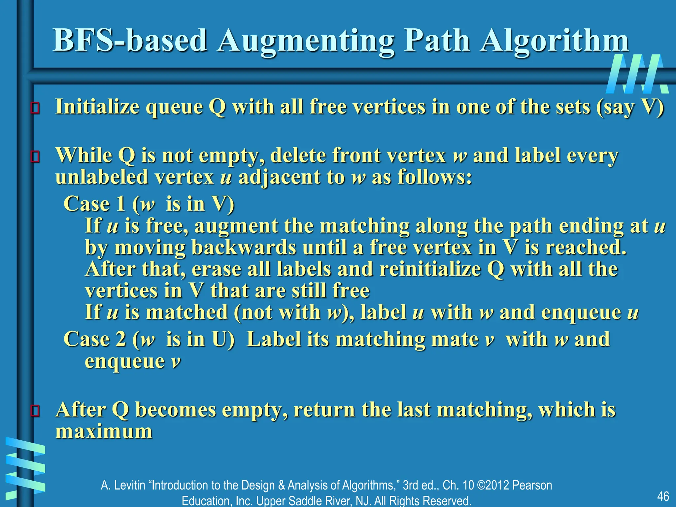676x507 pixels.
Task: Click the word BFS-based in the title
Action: pyautogui.click(x=130, y=41)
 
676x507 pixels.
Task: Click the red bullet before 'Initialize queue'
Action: pyautogui.click(x=35, y=108)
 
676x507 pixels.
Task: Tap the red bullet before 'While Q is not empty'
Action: pyautogui.click(x=35, y=156)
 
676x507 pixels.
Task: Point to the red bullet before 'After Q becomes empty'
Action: pyautogui.click(x=35, y=411)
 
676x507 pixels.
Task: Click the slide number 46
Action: pyautogui.click(x=663, y=496)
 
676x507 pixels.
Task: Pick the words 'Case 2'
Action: pyautogui.click(x=95, y=339)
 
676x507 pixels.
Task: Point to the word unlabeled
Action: pyautogui.click(x=102, y=177)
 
